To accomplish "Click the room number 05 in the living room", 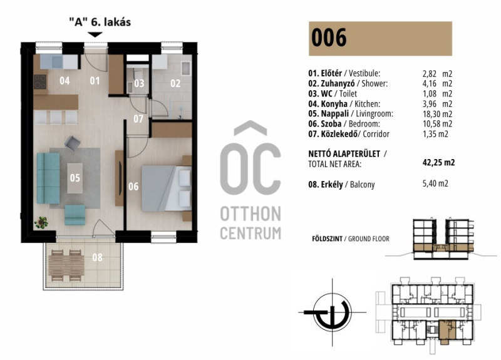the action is [75, 178].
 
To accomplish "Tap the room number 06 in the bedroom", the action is [133, 187].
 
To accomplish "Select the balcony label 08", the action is [98, 257].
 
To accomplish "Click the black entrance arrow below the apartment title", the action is [95, 34].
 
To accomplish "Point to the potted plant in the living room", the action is [41, 222].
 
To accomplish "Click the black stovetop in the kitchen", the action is [40, 82].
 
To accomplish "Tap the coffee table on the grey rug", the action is [75, 178].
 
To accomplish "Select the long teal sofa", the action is [48, 178].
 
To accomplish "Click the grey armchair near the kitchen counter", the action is [73, 143].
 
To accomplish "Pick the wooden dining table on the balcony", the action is [66, 265].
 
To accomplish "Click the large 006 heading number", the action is [329, 38].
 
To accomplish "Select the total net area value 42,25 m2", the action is [438, 162].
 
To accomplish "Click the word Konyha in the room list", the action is [334, 104].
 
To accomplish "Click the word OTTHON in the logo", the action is [251, 213].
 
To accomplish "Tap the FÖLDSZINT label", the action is [327, 239].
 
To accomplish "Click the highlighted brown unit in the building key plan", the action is [447, 332].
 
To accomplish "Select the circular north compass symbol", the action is [332, 312].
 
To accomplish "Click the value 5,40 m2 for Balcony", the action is [435, 183].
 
